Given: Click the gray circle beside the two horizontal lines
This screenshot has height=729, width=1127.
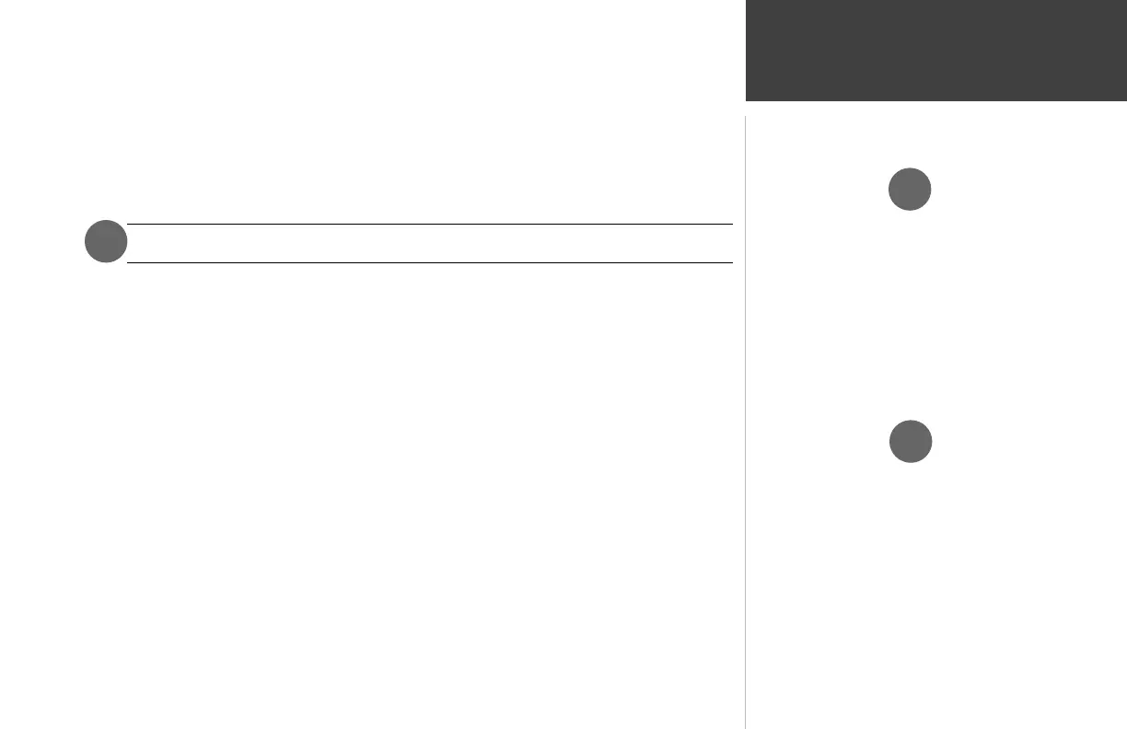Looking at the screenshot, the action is (x=106, y=242).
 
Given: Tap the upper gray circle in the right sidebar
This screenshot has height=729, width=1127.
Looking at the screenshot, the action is (x=910, y=190).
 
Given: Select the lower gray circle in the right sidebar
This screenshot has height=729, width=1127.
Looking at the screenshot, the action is (x=910, y=441).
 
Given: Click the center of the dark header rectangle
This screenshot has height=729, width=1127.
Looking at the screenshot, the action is (x=935, y=50).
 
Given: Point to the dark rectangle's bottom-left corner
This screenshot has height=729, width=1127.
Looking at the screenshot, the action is (x=746, y=100).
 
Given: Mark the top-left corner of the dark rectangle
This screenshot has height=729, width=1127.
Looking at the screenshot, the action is (x=746, y=0).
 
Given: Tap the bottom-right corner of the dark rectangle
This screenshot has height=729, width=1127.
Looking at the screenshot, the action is (x=1126, y=100).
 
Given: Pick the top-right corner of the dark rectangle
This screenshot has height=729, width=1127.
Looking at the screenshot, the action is (x=1126, y=0).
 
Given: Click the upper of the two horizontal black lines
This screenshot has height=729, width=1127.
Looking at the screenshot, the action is (x=429, y=224).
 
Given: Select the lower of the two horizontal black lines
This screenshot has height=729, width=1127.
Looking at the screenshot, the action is (x=429, y=262).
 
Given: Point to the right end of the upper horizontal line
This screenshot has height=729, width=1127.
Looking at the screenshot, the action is (x=732, y=224).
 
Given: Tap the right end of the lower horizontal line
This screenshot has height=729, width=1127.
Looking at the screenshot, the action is (x=732, y=262).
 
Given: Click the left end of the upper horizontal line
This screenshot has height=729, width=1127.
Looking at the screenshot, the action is (x=127, y=224).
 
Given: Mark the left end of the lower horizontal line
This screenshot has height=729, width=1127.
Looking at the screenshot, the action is (x=127, y=262).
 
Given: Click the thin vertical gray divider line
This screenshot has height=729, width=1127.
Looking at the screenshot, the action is (x=745, y=414).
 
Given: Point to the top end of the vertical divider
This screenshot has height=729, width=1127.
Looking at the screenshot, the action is (x=745, y=117).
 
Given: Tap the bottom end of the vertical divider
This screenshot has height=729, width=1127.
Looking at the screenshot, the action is (x=745, y=727).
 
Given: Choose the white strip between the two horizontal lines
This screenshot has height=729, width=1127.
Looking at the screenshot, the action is (x=429, y=243).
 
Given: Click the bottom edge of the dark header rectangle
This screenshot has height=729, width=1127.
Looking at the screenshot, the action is (x=935, y=100).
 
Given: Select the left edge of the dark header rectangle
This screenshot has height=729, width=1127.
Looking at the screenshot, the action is (x=746, y=50).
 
